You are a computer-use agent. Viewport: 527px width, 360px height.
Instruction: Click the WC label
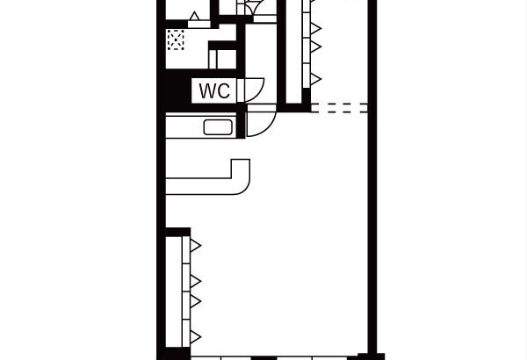214,90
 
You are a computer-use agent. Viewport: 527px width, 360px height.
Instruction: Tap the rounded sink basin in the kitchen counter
218,127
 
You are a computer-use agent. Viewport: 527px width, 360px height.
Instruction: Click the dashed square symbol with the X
176,40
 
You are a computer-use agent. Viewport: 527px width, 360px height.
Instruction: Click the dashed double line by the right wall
339,108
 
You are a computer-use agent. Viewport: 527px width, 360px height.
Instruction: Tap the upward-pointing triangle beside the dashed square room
194,16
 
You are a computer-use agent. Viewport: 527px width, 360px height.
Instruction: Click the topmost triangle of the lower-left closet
195,245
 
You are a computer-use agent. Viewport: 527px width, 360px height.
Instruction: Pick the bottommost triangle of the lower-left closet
195,337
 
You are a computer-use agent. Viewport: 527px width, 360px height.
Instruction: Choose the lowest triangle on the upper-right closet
315,79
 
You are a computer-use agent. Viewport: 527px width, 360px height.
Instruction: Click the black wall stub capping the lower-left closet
177,232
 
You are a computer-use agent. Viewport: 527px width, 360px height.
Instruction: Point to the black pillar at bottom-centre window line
263,358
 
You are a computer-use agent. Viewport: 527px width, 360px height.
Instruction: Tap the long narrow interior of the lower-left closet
174,292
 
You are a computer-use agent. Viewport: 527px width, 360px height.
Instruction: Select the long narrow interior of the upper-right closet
294,50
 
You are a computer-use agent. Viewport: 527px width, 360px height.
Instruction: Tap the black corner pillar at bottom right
371,356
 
